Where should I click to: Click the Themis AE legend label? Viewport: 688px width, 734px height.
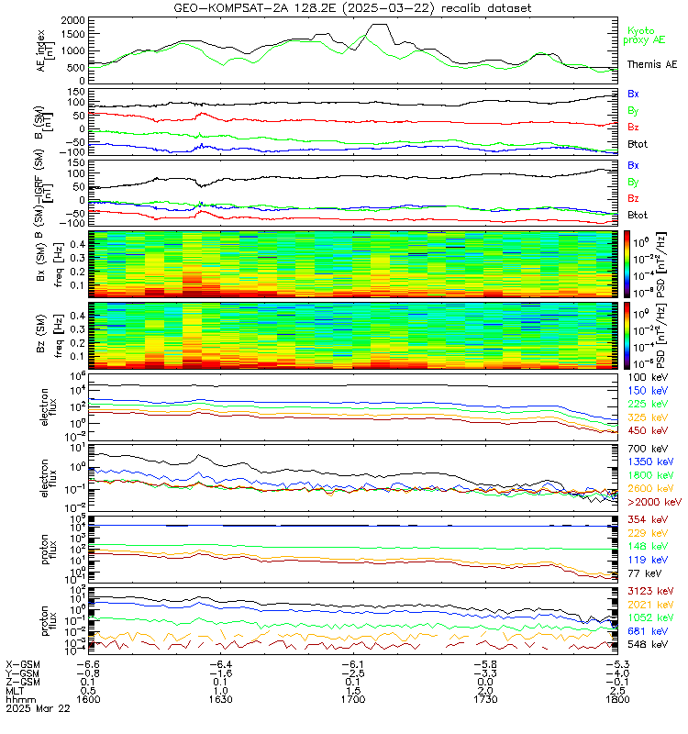click(x=651, y=65)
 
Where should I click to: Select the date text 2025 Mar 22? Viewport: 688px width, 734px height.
click(x=36, y=708)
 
